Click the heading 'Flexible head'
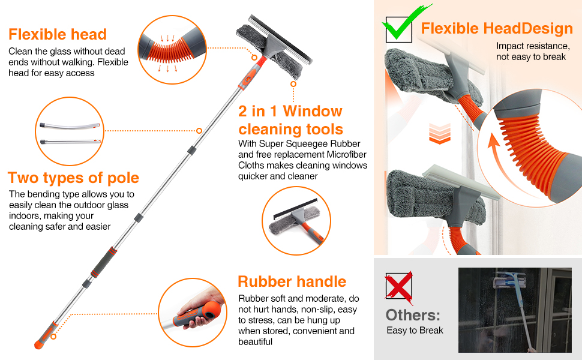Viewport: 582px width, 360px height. (58, 34)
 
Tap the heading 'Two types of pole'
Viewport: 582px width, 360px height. (73, 178)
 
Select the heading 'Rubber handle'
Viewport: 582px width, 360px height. (292, 281)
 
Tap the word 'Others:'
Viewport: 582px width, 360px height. (413, 315)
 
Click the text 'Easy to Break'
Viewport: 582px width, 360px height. (415, 331)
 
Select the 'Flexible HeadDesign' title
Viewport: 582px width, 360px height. (497, 28)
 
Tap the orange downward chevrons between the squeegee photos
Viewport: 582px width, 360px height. (440, 133)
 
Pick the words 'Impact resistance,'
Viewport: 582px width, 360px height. (532, 46)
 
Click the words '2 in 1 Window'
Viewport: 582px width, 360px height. (290, 111)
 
